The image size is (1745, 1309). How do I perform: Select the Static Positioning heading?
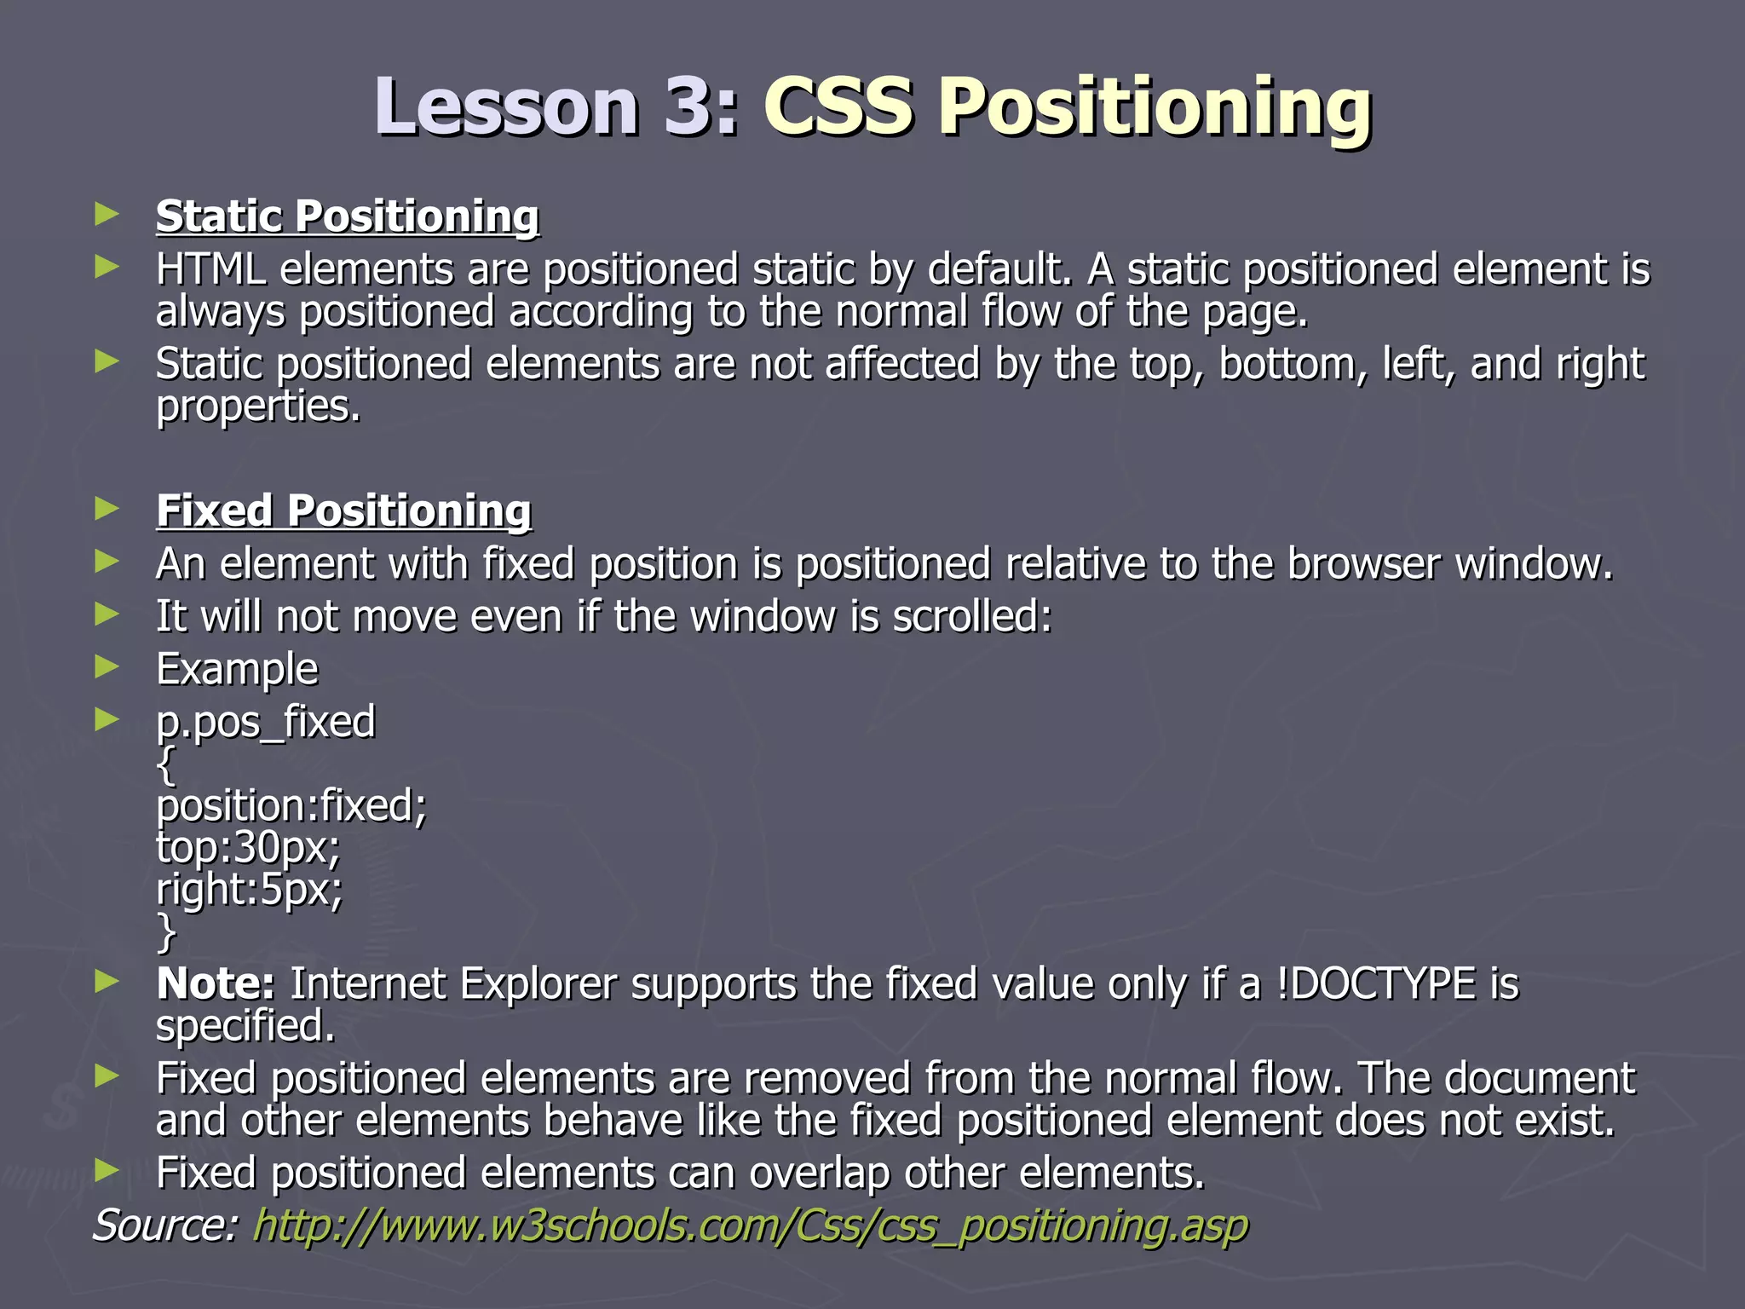pyautogui.click(x=347, y=216)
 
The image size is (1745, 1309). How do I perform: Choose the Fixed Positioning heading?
pyautogui.click(x=343, y=510)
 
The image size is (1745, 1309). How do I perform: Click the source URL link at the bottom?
pyautogui.click(x=750, y=1225)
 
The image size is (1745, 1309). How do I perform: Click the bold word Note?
pyautogui.click(x=215, y=983)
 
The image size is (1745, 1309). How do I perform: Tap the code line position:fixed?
pyautogui.click(x=291, y=805)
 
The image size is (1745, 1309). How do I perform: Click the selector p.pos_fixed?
pyautogui.click(x=265, y=722)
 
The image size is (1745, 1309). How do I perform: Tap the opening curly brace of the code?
pyautogui.click(x=166, y=764)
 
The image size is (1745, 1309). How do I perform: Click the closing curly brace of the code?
pyautogui.click(x=166, y=932)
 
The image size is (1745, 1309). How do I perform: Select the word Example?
pyautogui.click(x=237, y=669)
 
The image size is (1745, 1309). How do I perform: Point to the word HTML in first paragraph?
pyautogui.click(x=210, y=269)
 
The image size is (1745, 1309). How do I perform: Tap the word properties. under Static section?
pyautogui.click(x=258, y=407)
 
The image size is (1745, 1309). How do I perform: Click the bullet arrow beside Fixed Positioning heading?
pyautogui.click(x=107, y=509)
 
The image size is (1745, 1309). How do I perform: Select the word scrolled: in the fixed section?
pyautogui.click(x=972, y=616)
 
